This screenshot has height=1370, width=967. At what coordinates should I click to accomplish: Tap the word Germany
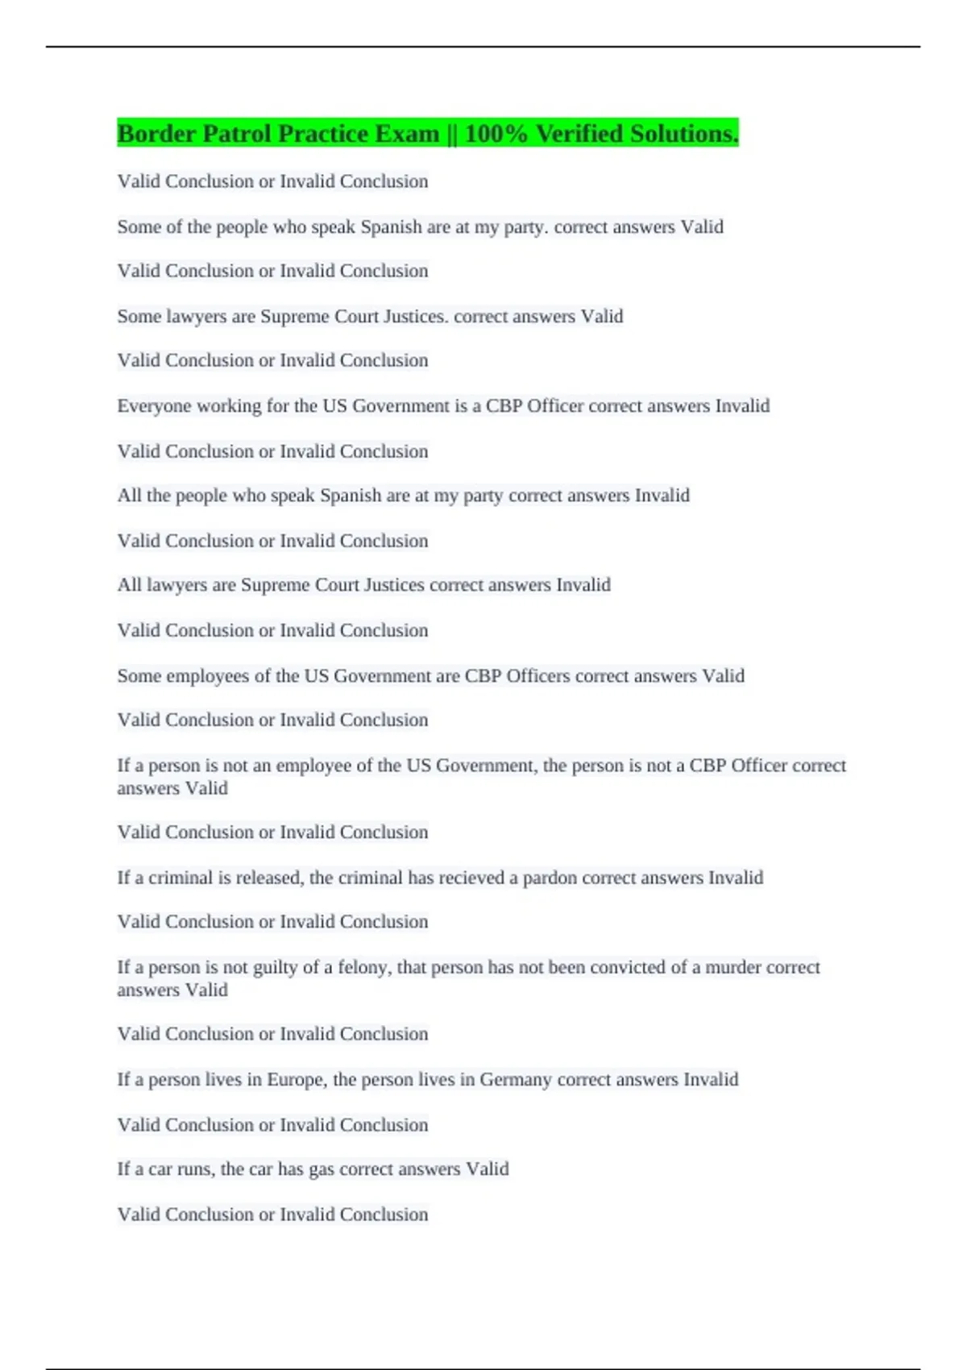(x=516, y=1080)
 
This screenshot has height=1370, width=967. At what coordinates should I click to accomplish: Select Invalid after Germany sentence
(x=711, y=1080)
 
